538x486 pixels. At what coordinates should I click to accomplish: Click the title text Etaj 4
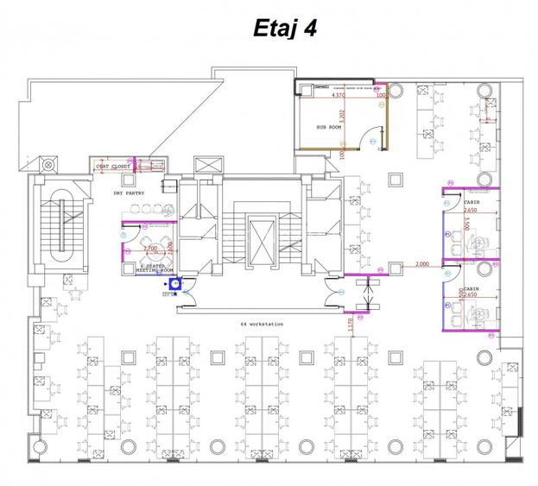click(285, 29)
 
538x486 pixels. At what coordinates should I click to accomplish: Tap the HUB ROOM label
click(328, 127)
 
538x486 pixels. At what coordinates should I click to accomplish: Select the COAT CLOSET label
click(113, 166)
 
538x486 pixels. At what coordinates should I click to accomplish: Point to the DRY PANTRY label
click(130, 193)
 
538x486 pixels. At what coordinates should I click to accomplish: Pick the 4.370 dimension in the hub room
click(338, 96)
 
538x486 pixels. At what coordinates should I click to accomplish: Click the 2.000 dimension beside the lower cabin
click(422, 263)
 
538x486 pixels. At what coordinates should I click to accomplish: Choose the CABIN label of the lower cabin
click(471, 289)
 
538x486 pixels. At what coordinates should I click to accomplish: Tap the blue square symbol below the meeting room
click(174, 281)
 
